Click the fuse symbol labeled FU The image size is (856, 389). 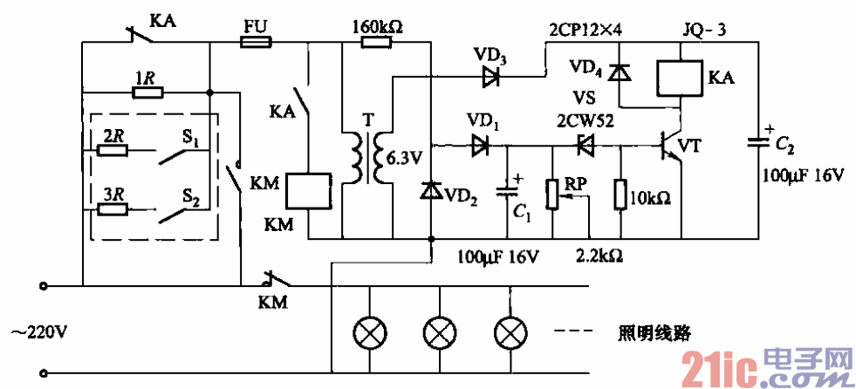coord(256,41)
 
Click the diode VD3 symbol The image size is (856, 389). coord(493,77)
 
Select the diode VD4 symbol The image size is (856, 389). coord(620,73)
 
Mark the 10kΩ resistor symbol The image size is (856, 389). coord(620,194)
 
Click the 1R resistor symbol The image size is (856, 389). coord(146,91)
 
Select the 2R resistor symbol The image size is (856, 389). coord(112,149)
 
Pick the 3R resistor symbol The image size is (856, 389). coord(112,209)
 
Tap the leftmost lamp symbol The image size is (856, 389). coord(366,332)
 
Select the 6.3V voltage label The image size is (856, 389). coord(403,159)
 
